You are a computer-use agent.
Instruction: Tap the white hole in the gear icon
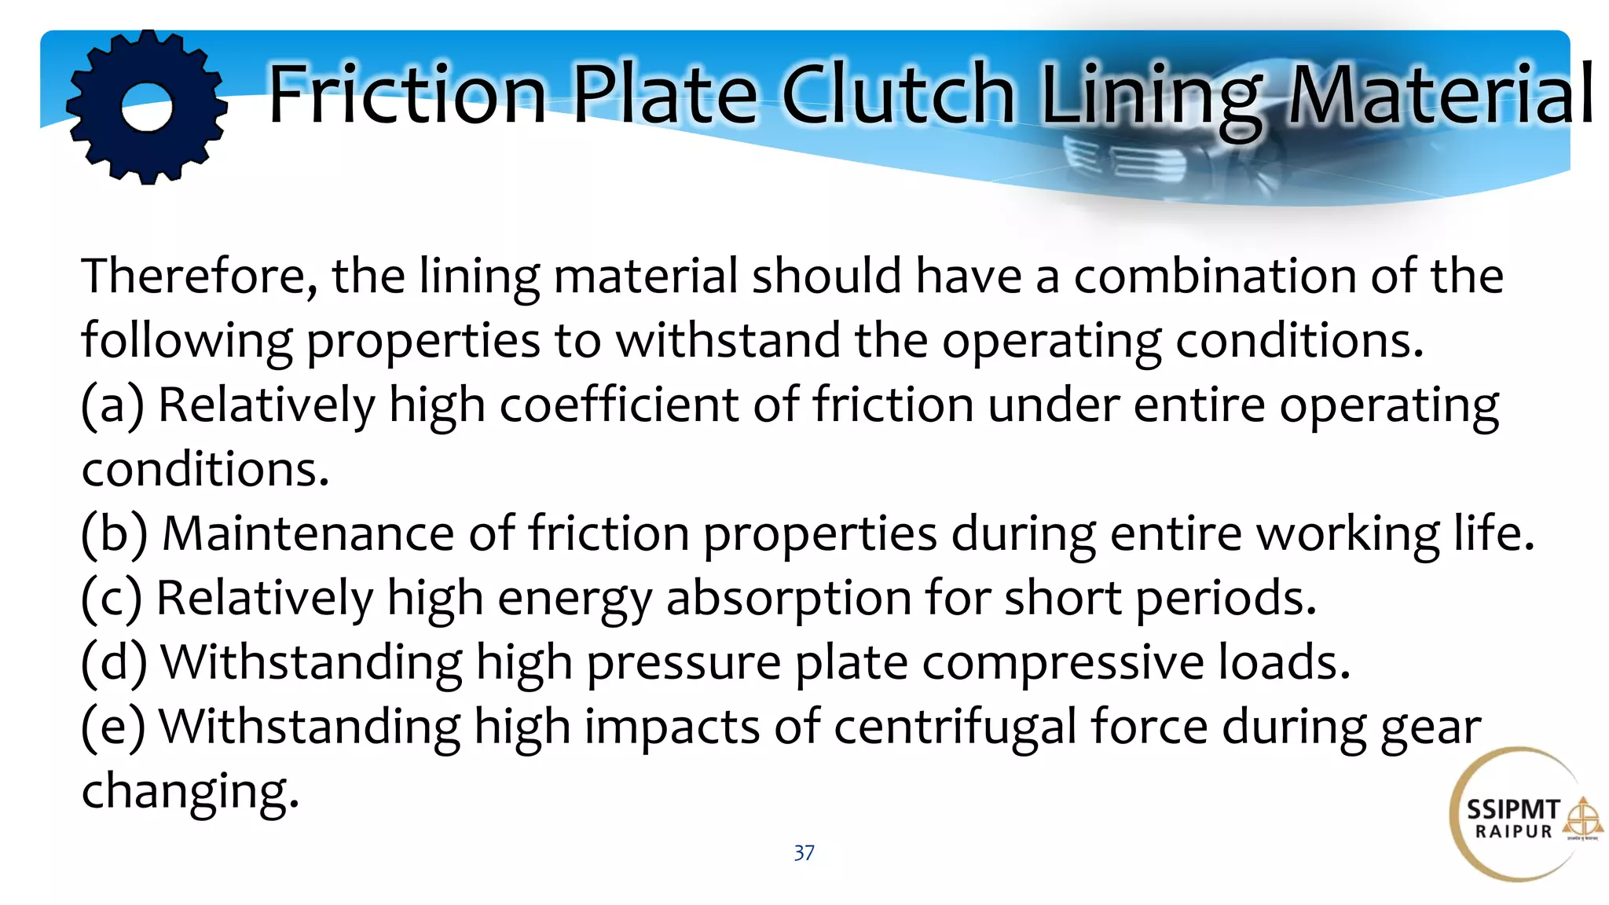147,106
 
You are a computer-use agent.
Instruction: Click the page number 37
804,853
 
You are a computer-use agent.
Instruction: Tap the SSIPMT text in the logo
1513,810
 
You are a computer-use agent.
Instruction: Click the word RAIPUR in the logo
1514,832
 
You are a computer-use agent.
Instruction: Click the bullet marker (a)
113,405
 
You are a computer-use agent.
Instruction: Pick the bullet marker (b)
115,534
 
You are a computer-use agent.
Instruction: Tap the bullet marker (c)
112,599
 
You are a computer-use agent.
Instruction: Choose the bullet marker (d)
115,663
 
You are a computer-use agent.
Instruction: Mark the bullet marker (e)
113,727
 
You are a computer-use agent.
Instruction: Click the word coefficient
619,405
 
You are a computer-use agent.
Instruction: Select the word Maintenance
308,534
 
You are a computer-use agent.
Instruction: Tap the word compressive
1063,663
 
